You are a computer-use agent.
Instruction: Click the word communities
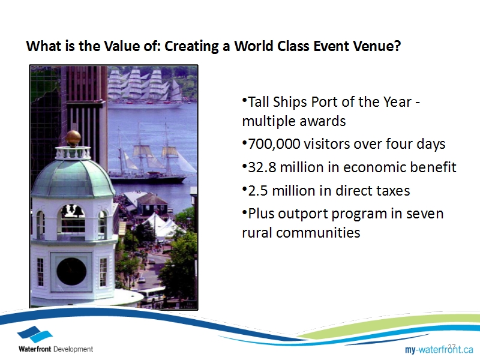318,233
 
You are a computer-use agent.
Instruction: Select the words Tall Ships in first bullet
278,102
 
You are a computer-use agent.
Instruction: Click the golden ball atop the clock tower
73,138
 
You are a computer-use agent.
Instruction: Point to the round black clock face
71,272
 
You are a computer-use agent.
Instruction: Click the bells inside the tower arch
72,211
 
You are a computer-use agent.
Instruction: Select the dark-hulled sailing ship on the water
150,159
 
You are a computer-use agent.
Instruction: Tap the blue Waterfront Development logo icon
35,334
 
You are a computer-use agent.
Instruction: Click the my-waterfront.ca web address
439,349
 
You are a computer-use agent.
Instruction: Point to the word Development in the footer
73,349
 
